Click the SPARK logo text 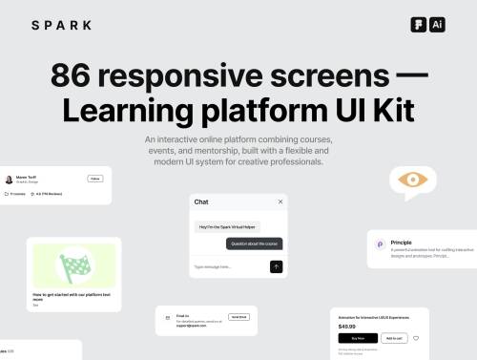point(62,25)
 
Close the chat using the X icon point(280,201)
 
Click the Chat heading point(201,201)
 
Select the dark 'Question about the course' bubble point(254,244)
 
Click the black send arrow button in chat point(277,266)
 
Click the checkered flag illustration point(73,265)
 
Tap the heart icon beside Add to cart point(417,338)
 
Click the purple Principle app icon point(380,245)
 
